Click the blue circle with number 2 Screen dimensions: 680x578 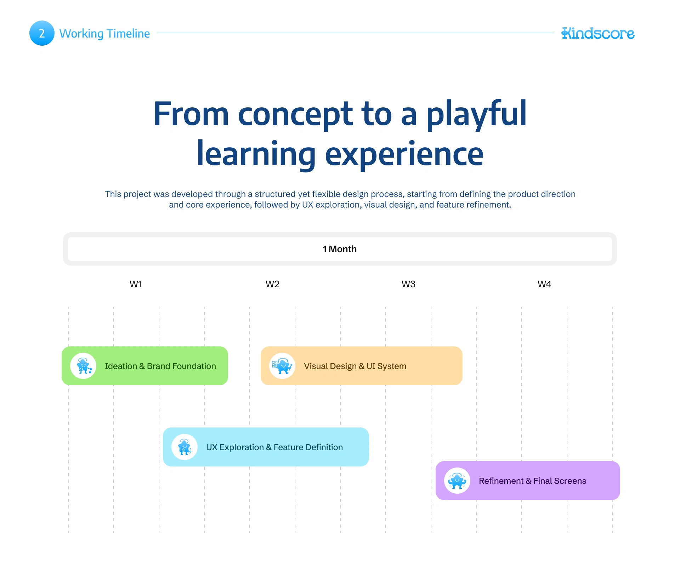42,33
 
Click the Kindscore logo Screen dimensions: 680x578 598,33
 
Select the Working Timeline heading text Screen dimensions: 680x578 104,34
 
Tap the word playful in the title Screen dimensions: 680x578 476,114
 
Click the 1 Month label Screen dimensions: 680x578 340,249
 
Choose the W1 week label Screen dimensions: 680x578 136,284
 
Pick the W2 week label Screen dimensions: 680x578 272,284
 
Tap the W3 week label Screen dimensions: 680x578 408,284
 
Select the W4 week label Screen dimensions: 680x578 544,284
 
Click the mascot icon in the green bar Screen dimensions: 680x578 83,366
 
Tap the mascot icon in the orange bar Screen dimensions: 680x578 282,366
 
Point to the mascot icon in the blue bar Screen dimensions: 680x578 185,447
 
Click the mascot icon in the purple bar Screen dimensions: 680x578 457,481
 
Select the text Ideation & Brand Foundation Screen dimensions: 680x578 160,366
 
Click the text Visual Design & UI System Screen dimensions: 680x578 355,366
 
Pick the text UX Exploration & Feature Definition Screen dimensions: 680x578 274,447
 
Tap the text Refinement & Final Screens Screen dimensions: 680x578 533,481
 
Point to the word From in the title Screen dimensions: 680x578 191,114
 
